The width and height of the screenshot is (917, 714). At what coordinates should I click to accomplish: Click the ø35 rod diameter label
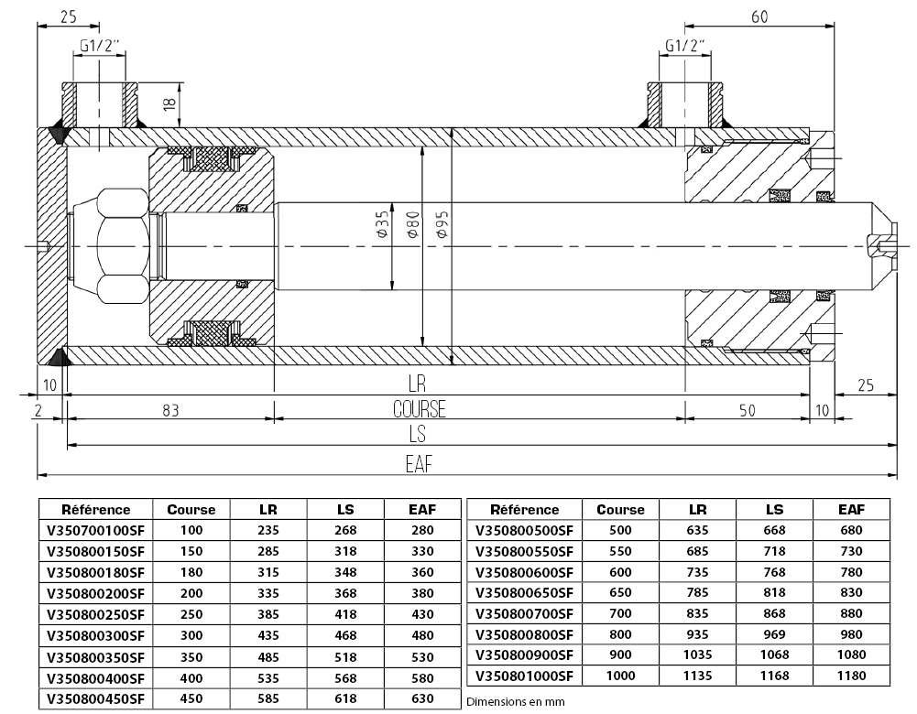382,225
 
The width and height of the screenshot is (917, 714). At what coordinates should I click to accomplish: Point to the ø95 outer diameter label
442,224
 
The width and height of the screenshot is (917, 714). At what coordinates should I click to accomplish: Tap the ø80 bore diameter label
412,225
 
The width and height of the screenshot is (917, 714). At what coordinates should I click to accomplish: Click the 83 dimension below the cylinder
170,411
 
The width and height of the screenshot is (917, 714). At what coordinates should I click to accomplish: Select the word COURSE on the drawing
420,409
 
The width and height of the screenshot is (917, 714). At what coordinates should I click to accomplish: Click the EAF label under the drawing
420,464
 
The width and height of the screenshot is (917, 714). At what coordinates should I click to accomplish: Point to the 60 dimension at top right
759,17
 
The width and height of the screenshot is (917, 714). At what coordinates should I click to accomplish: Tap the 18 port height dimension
169,104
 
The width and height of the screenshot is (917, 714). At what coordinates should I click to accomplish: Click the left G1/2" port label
100,46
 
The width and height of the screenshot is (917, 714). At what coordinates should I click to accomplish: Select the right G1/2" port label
685,46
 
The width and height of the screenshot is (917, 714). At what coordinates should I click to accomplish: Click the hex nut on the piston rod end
123,246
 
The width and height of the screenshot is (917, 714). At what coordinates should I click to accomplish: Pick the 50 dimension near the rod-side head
747,411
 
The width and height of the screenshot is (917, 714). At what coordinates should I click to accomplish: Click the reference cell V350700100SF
95,531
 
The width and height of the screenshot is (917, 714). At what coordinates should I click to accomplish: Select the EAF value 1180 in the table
851,676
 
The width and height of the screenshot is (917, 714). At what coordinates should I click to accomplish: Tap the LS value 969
774,634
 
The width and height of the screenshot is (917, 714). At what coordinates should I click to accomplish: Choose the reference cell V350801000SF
524,676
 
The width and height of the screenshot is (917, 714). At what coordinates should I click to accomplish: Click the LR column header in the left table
268,510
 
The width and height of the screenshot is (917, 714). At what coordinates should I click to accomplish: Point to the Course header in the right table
620,510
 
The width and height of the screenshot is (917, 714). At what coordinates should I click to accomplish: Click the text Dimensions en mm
515,702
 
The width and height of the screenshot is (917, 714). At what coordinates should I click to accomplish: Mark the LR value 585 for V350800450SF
268,698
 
